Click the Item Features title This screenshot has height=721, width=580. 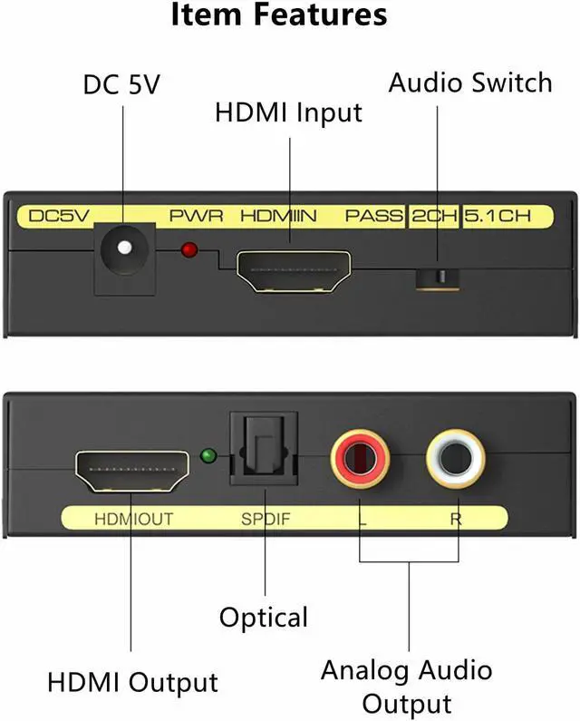point(278,15)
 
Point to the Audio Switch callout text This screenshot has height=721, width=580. point(469,83)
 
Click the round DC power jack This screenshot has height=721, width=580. point(122,247)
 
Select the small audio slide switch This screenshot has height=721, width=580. point(437,276)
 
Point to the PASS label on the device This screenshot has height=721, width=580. point(373,218)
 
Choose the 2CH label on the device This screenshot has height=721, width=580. point(433,218)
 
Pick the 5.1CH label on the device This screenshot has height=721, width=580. point(496,218)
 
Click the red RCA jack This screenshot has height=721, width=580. point(360,454)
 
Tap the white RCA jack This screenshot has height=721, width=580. point(456,454)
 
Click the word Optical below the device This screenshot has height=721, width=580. point(264,618)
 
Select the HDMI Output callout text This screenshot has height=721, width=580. point(132,682)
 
